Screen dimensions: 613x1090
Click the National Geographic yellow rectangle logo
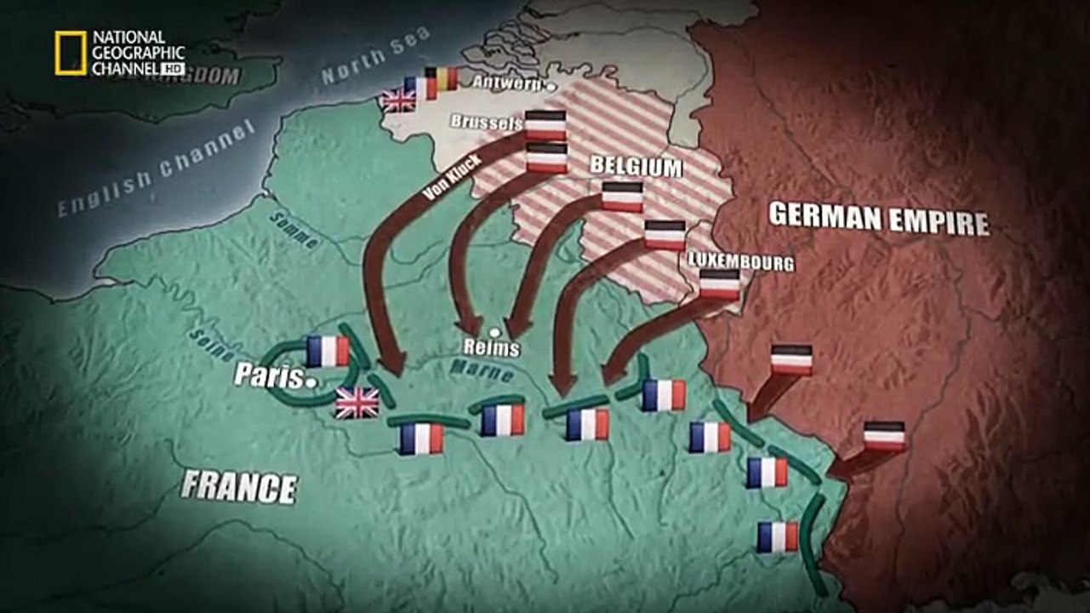(71, 52)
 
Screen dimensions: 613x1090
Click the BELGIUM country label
(636, 166)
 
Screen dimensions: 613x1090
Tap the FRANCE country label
(239, 487)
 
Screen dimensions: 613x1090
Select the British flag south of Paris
(357, 403)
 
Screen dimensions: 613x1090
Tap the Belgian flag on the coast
(441, 79)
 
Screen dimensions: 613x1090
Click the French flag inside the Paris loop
(328, 350)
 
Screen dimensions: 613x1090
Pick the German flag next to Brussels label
(545, 125)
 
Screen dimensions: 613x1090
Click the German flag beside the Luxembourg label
(720, 284)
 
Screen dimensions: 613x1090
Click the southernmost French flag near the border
(778, 536)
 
